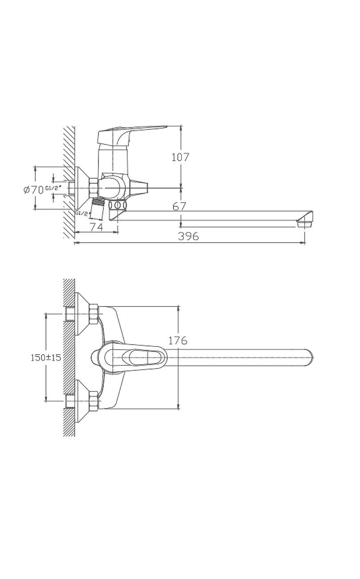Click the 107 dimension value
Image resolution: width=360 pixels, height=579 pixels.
180,157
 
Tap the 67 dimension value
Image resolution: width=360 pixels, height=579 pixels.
180,206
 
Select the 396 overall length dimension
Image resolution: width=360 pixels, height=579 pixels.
188,236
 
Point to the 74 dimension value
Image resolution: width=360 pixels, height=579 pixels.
97,227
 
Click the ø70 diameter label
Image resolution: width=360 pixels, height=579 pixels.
33,190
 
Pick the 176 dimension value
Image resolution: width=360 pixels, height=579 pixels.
178,341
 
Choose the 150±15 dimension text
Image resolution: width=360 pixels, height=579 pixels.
46,358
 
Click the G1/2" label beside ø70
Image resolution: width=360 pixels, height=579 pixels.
53,188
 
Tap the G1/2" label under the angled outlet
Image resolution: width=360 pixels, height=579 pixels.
83,213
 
